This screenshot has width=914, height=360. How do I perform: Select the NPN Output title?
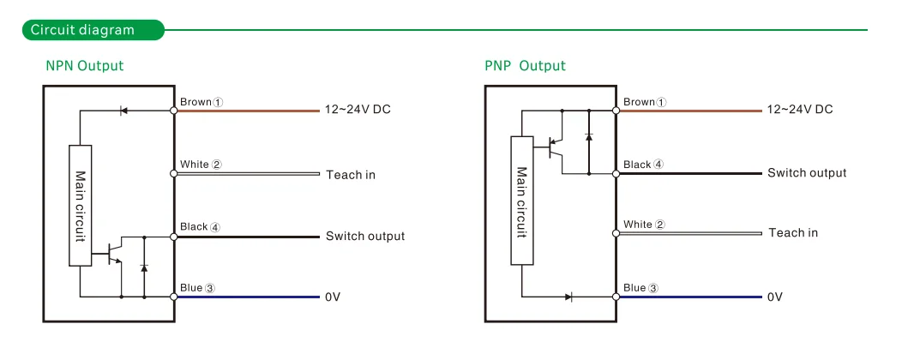(x=84, y=66)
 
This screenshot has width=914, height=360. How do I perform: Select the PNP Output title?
(x=525, y=66)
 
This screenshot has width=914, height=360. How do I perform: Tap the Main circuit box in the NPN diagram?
(x=80, y=206)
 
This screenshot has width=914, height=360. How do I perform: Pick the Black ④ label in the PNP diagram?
(x=643, y=164)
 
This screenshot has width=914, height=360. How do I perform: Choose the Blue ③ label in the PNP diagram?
(x=641, y=288)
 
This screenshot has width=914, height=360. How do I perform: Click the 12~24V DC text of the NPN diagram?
(x=358, y=110)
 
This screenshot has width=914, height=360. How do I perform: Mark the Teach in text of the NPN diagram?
(x=350, y=175)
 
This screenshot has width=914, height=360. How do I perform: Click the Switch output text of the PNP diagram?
(x=806, y=173)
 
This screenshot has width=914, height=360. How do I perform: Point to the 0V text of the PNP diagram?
(x=774, y=297)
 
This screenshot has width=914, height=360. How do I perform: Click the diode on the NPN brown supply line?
(x=123, y=111)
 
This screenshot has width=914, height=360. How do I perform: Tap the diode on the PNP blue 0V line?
(x=568, y=297)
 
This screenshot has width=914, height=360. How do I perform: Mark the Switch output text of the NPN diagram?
(x=364, y=237)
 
